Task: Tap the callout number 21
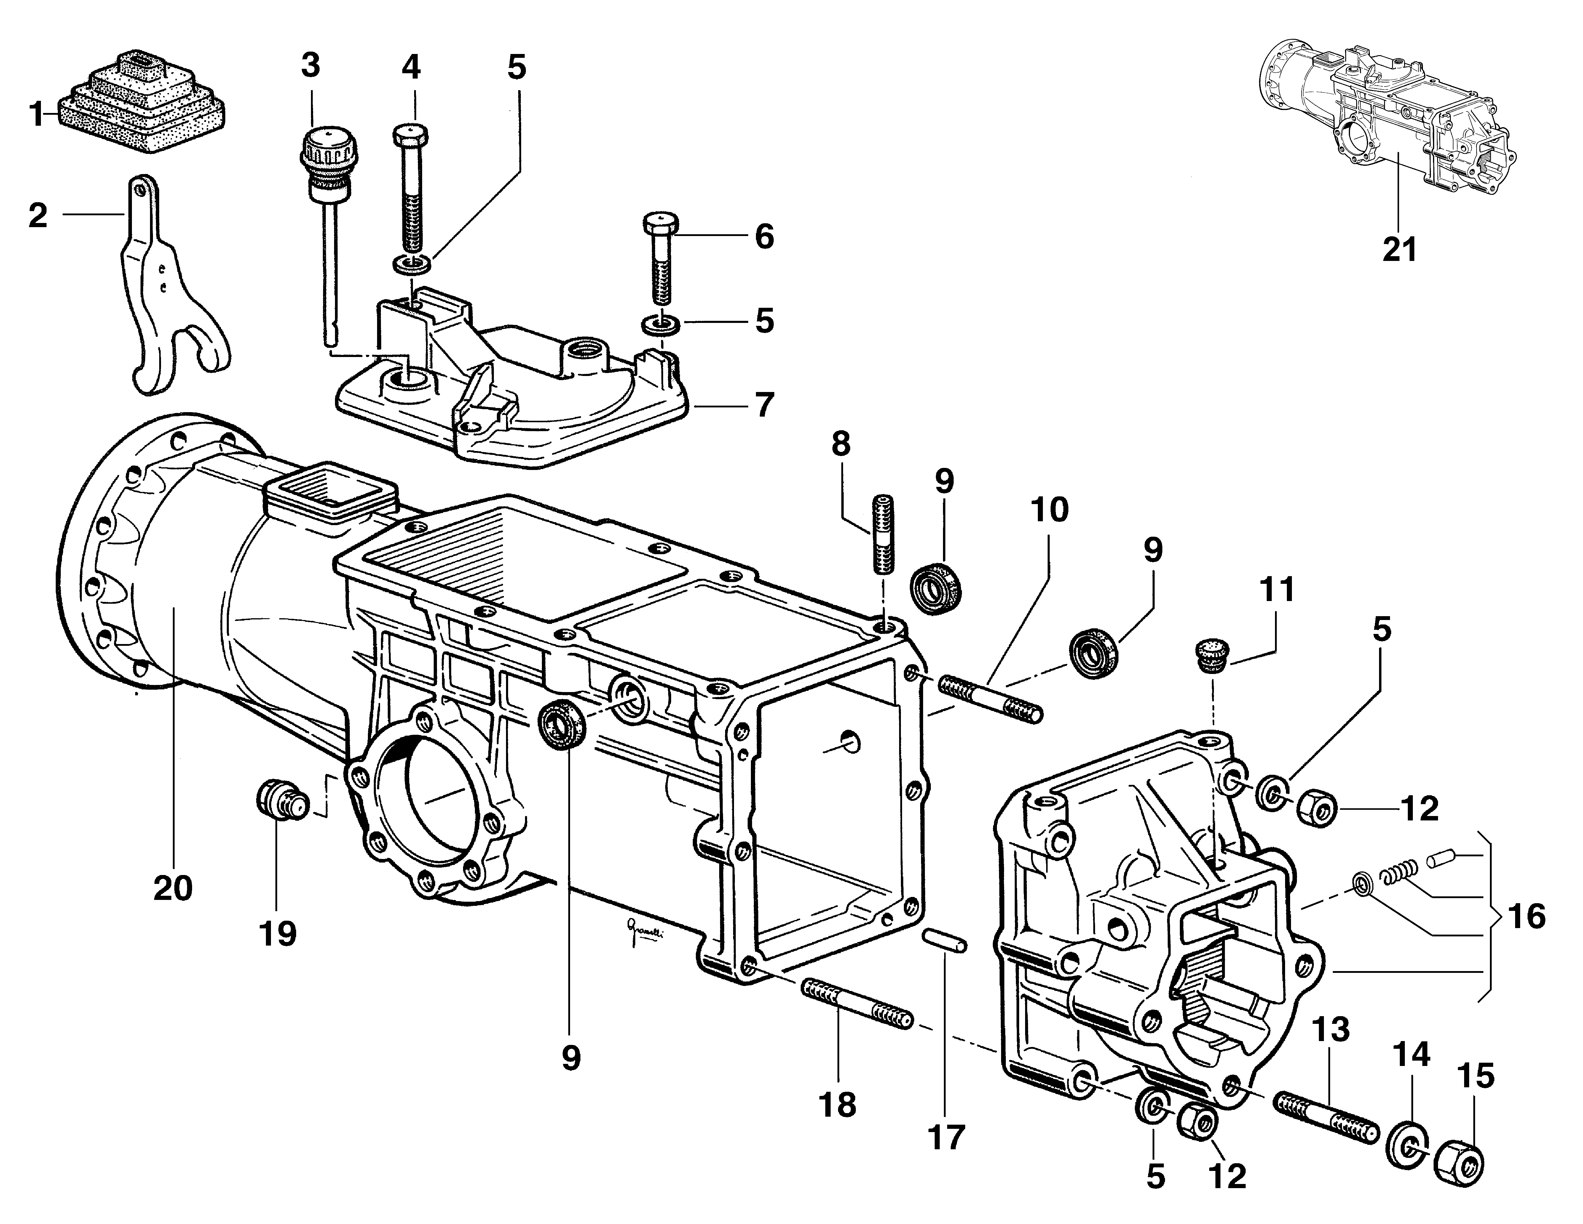pos(1399,250)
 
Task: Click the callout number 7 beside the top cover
pos(765,405)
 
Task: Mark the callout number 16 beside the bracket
pos(1526,917)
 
